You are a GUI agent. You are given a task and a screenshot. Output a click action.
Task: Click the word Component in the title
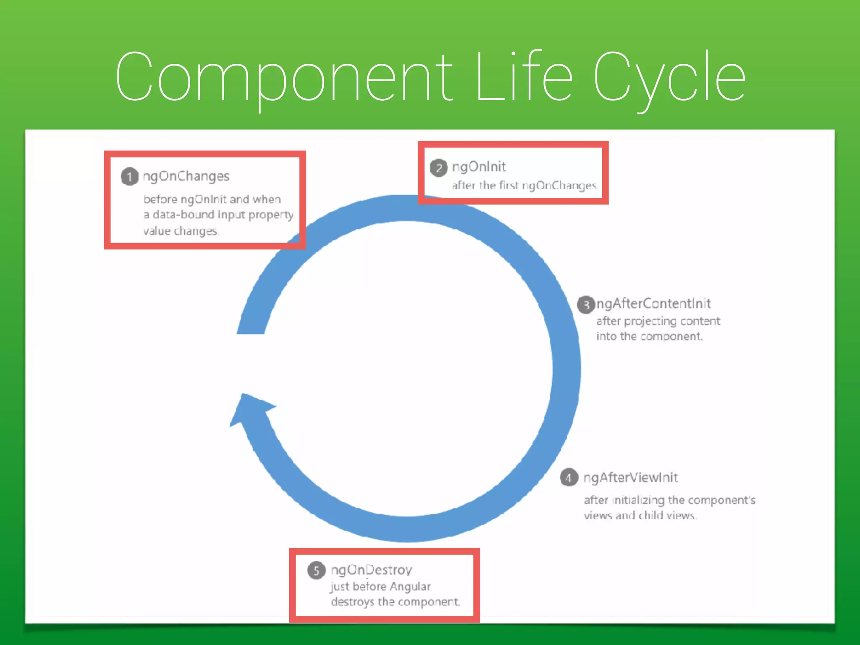click(x=284, y=78)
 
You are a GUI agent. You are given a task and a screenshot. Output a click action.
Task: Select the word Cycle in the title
click(x=669, y=78)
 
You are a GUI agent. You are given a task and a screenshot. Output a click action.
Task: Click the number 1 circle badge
click(x=129, y=177)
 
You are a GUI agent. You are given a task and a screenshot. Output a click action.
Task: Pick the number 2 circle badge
click(x=438, y=168)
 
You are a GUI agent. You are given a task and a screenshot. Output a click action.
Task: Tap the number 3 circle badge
click(x=586, y=305)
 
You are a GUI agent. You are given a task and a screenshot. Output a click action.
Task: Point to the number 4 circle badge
click(x=569, y=477)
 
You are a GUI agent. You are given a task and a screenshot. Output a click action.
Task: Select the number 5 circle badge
click(x=316, y=570)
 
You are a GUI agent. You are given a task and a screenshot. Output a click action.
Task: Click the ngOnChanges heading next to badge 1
click(x=186, y=176)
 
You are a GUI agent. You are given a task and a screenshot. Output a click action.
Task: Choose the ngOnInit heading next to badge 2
click(x=479, y=167)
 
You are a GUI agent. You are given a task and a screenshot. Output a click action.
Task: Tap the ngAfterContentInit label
click(x=653, y=304)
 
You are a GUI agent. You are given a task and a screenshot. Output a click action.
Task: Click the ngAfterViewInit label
click(x=630, y=477)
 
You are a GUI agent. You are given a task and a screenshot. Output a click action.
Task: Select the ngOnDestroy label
click(x=371, y=570)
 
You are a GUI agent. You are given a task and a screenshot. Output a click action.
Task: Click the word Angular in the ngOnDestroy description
click(x=410, y=586)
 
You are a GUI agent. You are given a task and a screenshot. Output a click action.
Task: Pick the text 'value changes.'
click(x=181, y=231)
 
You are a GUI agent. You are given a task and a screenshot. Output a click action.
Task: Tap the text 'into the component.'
click(x=649, y=336)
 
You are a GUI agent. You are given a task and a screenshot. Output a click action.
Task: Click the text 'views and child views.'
click(x=640, y=515)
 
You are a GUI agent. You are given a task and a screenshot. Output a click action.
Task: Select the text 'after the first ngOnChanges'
click(x=524, y=185)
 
